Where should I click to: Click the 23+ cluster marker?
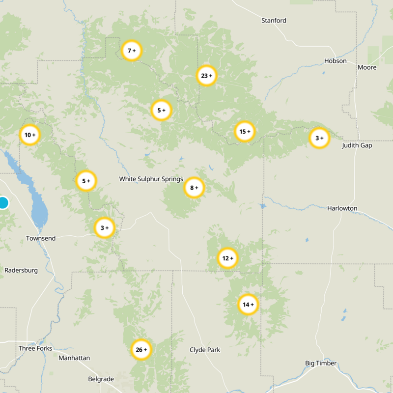click(x=207, y=76)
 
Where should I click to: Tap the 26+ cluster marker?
click(x=141, y=350)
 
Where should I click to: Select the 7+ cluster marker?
click(x=132, y=51)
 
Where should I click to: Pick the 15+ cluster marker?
click(x=245, y=132)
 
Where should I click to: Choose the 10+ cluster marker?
click(x=30, y=135)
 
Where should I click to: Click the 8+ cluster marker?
click(x=194, y=188)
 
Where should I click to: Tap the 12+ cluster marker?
click(x=227, y=258)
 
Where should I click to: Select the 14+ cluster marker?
click(x=248, y=305)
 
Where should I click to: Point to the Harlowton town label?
click(x=342, y=208)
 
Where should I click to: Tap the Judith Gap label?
click(x=357, y=145)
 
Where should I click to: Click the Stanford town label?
click(x=274, y=21)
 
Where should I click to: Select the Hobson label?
click(x=336, y=61)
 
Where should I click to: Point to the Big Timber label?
click(x=321, y=363)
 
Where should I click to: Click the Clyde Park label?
click(x=205, y=350)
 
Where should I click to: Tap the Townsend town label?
click(x=41, y=238)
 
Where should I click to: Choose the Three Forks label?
click(x=35, y=348)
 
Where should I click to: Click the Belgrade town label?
click(x=101, y=379)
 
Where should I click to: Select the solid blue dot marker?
click(x=3, y=203)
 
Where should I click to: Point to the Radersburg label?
click(x=21, y=270)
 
